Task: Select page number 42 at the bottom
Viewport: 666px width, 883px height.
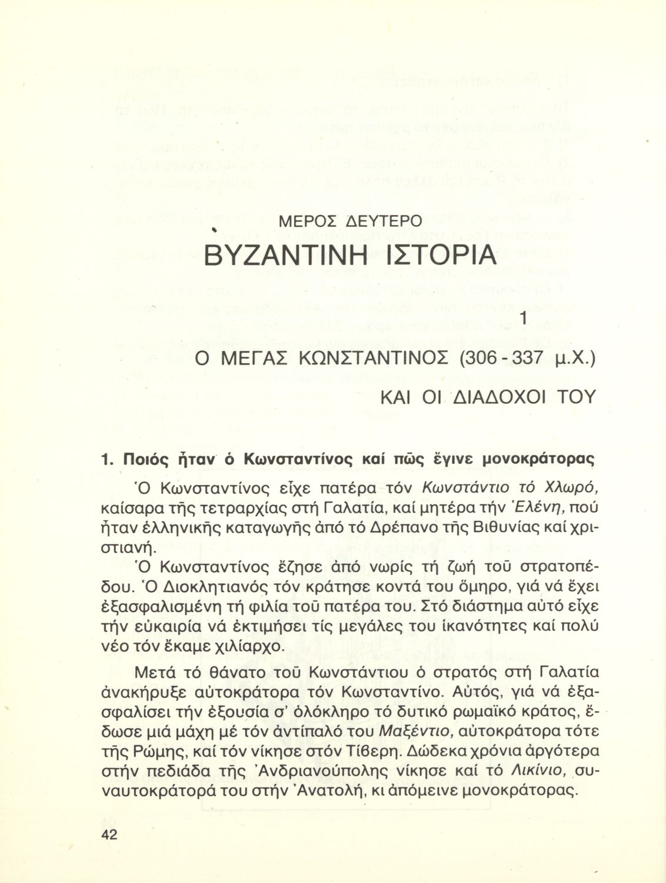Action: tap(110, 834)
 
